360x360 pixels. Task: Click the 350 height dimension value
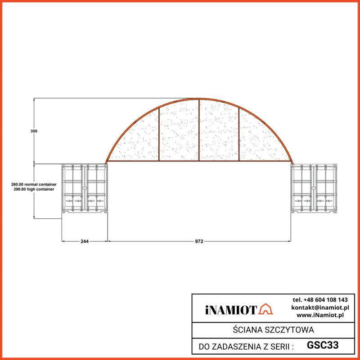(34, 131)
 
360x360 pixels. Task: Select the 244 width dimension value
(85, 241)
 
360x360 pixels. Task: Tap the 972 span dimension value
(199, 241)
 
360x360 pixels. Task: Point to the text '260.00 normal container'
(34, 184)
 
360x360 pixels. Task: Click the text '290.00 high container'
(32, 189)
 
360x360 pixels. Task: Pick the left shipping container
(85, 189)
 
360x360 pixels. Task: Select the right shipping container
(314, 189)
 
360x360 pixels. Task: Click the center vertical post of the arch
(199, 130)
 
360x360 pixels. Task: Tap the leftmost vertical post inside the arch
(159, 134)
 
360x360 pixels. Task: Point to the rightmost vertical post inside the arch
(239, 134)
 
